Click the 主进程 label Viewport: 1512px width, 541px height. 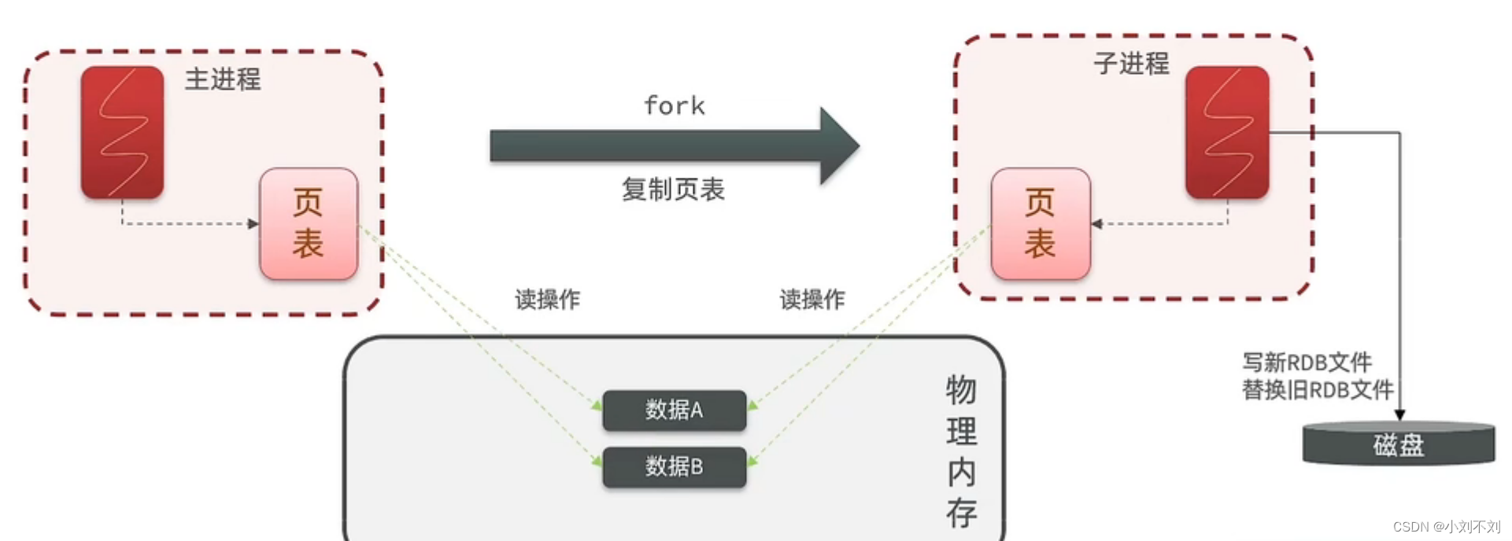click(x=223, y=79)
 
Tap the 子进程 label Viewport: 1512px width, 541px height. click(x=1131, y=64)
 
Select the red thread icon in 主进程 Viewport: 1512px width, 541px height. click(x=123, y=132)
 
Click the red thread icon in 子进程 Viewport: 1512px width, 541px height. click(x=1227, y=132)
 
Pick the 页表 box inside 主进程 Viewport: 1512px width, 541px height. click(x=309, y=223)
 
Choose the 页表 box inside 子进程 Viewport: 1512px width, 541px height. click(x=1041, y=223)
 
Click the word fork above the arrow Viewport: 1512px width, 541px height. click(x=675, y=106)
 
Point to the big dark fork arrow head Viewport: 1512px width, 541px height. click(x=838, y=146)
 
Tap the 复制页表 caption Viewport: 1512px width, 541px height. click(x=673, y=190)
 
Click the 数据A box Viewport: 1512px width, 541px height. click(x=674, y=410)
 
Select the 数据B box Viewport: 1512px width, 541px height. click(x=674, y=466)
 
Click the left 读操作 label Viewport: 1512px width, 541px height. click(x=547, y=300)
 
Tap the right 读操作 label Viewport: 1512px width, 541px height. click(x=812, y=300)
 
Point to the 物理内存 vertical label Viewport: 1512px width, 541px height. click(x=961, y=451)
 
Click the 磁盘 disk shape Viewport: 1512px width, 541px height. click(x=1398, y=445)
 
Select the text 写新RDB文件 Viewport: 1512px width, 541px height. click(x=1307, y=363)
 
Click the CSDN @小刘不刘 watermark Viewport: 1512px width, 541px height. click(x=1447, y=527)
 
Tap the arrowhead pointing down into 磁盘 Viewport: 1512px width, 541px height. click(x=1399, y=414)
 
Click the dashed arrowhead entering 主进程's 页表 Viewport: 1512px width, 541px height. click(x=253, y=224)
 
